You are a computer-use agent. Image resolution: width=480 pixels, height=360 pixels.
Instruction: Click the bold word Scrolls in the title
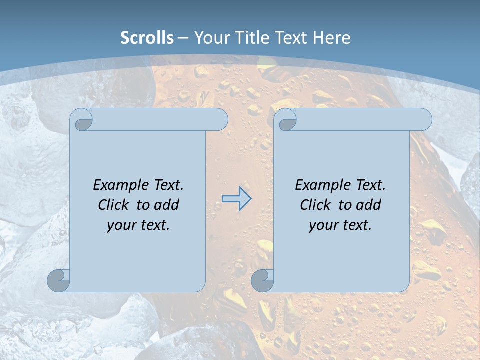click(x=147, y=38)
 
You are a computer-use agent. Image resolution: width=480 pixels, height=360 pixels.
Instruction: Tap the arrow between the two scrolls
click(x=237, y=199)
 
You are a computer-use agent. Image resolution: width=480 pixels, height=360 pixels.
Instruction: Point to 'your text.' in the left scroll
click(x=138, y=225)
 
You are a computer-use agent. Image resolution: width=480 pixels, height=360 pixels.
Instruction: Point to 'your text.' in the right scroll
click(x=340, y=225)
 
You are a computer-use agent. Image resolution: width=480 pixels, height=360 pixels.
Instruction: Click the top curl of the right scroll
click(x=287, y=120)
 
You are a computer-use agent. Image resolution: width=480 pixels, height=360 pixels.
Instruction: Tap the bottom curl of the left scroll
click(x=58, y=280)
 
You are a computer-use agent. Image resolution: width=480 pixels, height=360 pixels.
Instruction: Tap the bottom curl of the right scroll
click(x=262, y=280)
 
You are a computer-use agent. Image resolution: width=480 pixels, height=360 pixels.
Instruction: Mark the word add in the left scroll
click(x=166, y=205)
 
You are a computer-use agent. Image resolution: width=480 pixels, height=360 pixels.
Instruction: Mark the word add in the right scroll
click(x=368, y=205)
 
